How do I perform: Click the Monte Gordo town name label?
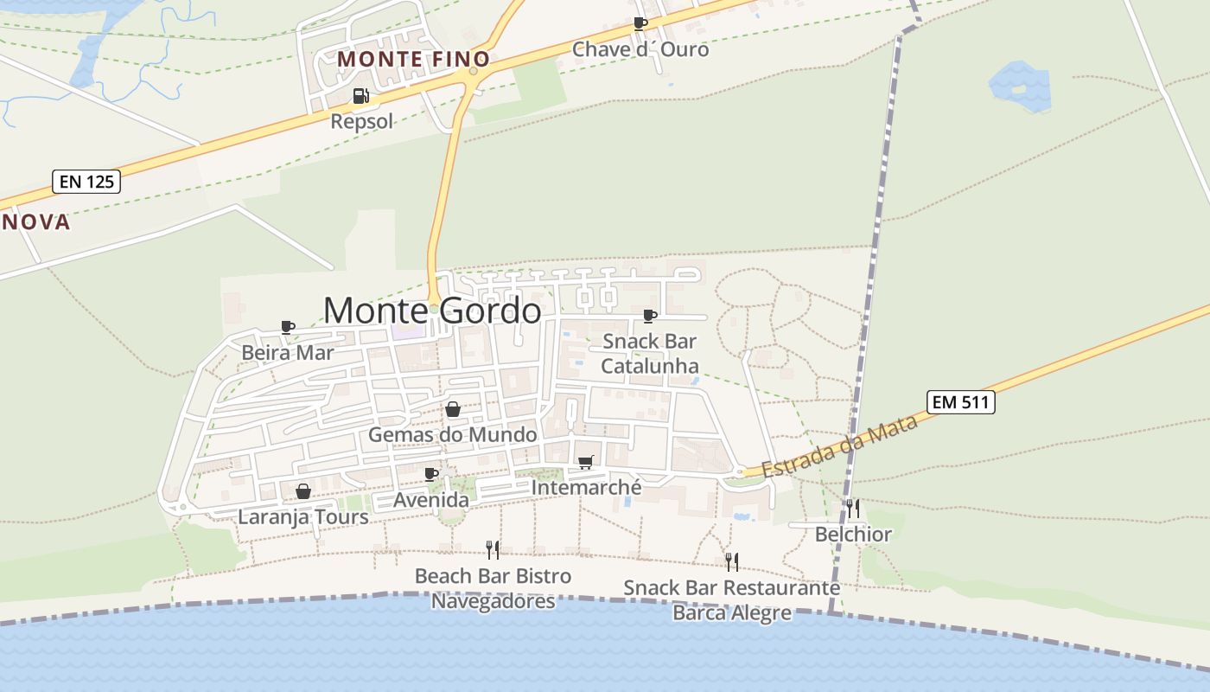click(x=432, y=311)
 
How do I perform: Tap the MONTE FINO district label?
click(x=413, y=59)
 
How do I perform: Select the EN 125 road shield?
click(x=86, y=182)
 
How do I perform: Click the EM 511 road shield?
click(x=961, y=401)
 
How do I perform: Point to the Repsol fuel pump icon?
click(x=360, y=96)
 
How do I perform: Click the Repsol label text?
click(x=362, y=121)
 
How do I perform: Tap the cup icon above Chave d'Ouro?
click(x=640, y=23)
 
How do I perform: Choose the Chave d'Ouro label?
click(x=640, y=49)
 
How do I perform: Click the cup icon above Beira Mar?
click(x=288, y=327)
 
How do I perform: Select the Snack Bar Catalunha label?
click(x=650, y=354)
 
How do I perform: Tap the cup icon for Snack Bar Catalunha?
click(x=650, y=316)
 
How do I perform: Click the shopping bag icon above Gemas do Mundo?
click(x=452, y=409)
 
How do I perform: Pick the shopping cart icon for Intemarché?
click(x=586, y=463)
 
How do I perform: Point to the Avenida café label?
click(x=431, y=500)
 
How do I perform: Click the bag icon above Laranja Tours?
click(x=303, y=491)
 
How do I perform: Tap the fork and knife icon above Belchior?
click(x=853, y=508)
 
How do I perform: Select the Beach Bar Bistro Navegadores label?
click(x=493, y=588)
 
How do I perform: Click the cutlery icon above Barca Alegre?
click(x=731, y=562)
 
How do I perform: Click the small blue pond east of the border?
click(x=1020, y=86)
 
